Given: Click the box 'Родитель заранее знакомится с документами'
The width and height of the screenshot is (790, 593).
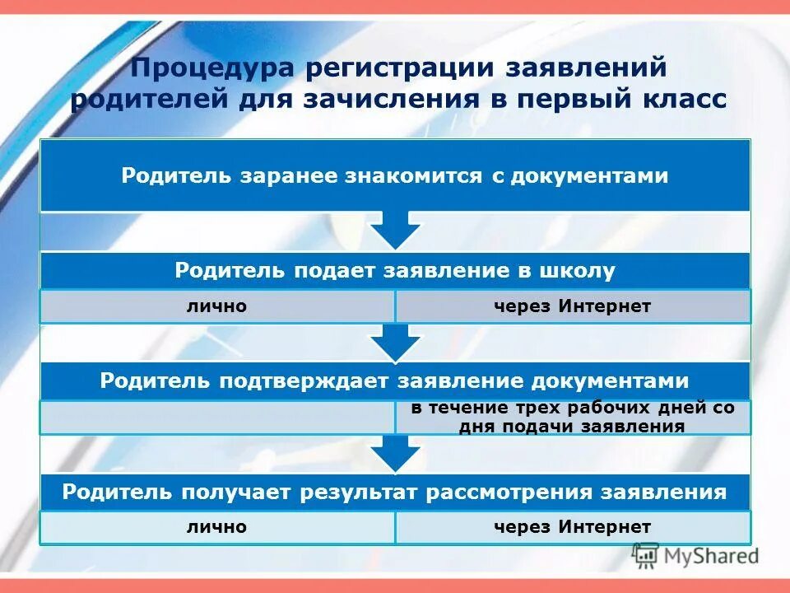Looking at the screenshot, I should point(395,175).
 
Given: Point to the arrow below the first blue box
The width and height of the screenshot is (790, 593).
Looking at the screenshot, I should point(396,230).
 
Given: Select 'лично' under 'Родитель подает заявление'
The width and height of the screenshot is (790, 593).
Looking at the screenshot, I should point(216,306).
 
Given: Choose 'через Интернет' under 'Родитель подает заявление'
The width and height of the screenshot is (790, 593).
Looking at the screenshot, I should point(572,306).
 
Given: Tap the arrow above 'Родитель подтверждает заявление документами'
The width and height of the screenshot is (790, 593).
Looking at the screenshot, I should point(396,341).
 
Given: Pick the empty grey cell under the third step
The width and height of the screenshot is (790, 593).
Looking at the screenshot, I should point(217,418).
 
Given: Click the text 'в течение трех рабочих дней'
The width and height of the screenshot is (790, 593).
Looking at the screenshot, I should point(572,409).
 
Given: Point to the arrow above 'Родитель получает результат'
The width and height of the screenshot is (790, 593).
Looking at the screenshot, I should point(396,453).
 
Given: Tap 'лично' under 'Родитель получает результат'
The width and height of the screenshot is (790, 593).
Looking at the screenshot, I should point(216,527).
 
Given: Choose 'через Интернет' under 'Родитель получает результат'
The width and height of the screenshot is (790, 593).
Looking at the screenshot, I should point(572,527).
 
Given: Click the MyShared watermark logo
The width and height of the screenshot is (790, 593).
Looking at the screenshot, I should point(695,555).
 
